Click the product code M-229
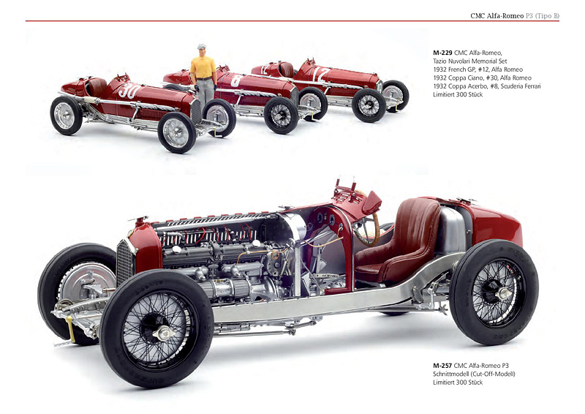[x=442, y=53]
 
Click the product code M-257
[x=442, y=365]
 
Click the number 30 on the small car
[x=129, y=91]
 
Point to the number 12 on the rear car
[x=320, y=74]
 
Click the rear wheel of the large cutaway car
[x=494, y=292]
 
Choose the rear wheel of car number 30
[x=66, y=115]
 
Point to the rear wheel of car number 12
[x=395, y=94]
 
